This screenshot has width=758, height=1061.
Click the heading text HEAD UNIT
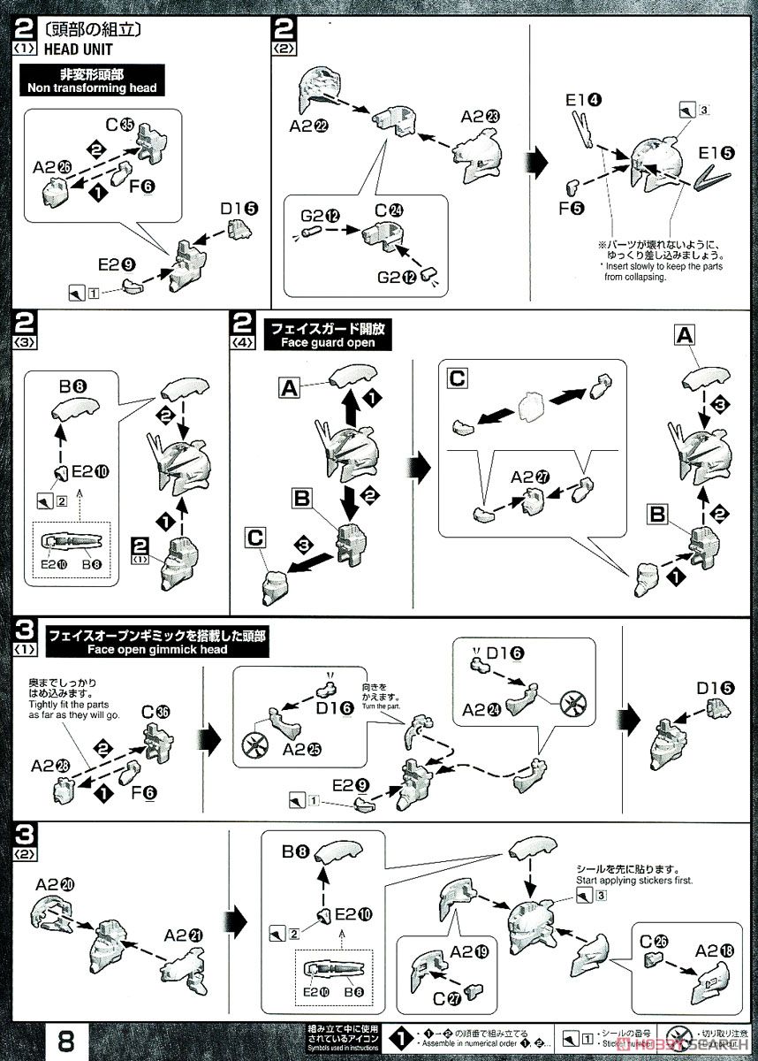click(73, 50)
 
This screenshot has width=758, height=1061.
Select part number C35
click(120, 126)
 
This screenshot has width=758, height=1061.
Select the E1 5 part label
click(716, 152)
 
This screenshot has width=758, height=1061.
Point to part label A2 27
click(530, 477)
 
